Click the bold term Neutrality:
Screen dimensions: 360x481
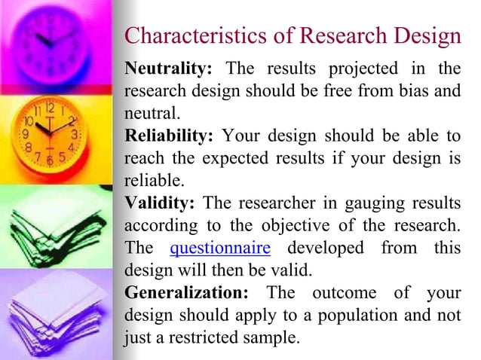coord(168,69)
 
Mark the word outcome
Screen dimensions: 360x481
coord(340,292)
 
